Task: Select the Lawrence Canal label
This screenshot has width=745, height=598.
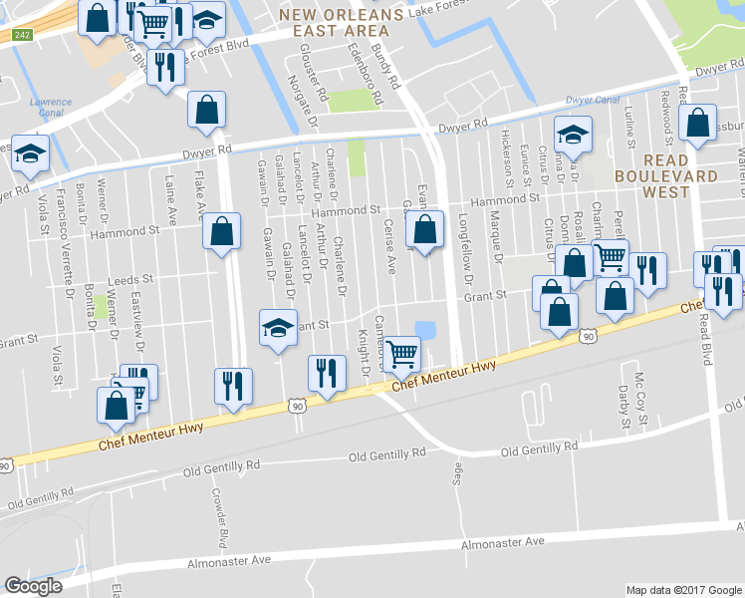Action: tap(50, 107)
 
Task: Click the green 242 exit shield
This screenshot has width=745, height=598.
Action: tap(21, 35)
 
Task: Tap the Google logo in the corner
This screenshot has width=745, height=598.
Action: tap(33, 586)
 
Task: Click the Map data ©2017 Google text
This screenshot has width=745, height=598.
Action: tap(683, 589)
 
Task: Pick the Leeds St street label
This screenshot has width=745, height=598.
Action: tap(131, 280)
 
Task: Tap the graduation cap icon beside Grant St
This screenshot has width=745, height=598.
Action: tap(278, 328)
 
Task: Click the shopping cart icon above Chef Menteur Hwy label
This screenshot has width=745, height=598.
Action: tap(401, 352)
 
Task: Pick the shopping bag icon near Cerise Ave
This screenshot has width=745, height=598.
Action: tap(425, 228)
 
